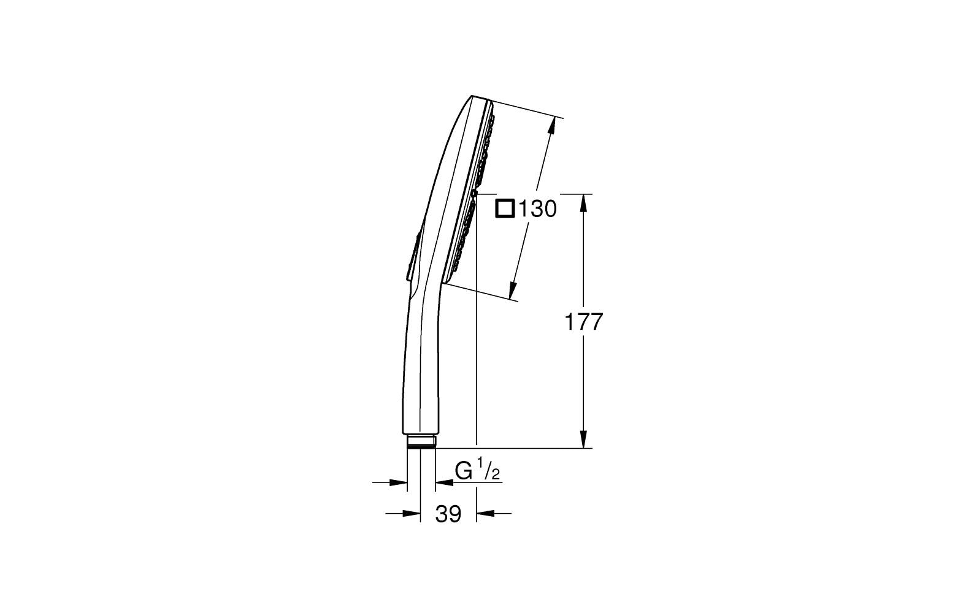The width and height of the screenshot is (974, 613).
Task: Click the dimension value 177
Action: click(584, 322)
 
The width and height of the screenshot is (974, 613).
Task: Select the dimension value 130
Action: click(537, 210)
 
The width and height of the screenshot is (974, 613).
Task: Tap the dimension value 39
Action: click(448, 514)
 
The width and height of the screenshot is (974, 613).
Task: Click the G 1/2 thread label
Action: click(478, 471)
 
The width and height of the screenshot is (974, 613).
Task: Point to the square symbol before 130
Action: click(505, 209)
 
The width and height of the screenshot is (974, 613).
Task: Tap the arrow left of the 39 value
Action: click(412, 514)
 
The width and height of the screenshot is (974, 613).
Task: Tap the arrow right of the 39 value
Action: click(485, 514)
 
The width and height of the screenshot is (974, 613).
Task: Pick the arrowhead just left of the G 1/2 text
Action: click(443, 483)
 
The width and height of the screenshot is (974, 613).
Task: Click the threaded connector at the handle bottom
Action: click(421, 442)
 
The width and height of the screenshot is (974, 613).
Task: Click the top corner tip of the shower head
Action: click(472, 96)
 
